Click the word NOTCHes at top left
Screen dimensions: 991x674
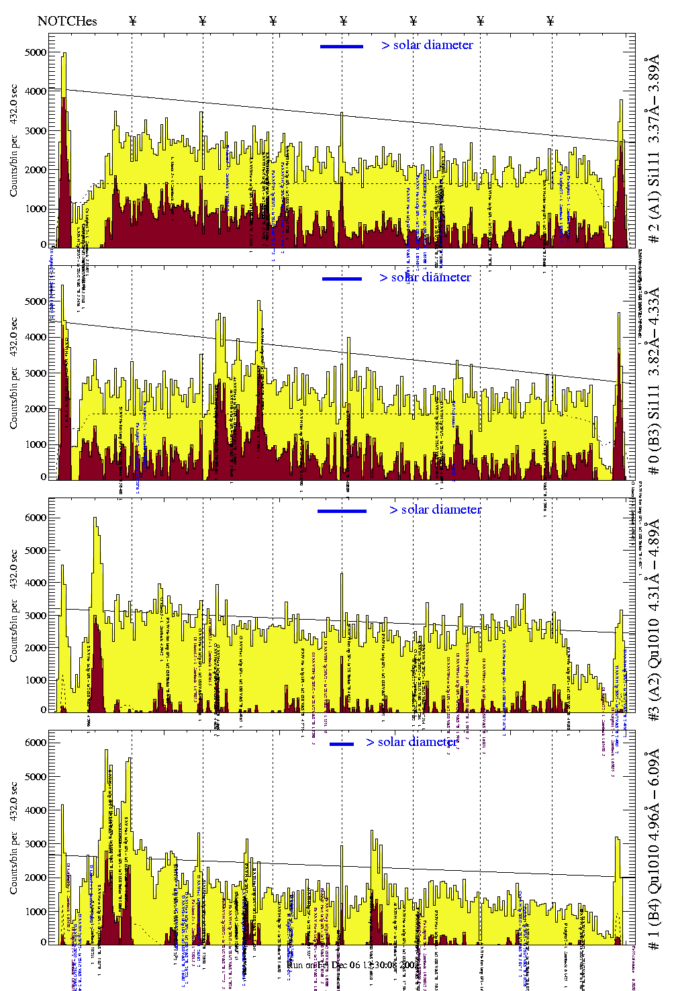tap(67, 21)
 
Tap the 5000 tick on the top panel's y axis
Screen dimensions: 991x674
tap(36, 52)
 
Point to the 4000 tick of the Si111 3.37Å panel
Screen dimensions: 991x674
tap(36, 91)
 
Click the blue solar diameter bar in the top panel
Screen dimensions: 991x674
tap(342, 46)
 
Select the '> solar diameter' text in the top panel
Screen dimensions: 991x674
tap(428, 45)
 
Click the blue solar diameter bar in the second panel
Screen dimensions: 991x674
tap(342, 279)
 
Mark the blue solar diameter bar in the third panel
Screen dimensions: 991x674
tap(342, 511)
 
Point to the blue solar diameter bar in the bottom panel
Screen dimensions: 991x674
tap(342, 744)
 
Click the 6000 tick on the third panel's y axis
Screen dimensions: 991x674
tap(36, 518)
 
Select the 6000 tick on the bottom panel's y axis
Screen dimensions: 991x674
tap(36, 743)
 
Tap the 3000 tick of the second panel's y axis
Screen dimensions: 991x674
tap(36, 373)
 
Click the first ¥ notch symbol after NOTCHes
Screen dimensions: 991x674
tap(132, 21)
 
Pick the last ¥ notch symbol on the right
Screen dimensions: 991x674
tap(550, 21)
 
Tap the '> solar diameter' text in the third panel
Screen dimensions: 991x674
tap(436, 510)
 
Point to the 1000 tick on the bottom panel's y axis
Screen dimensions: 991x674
tap(36, 911)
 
